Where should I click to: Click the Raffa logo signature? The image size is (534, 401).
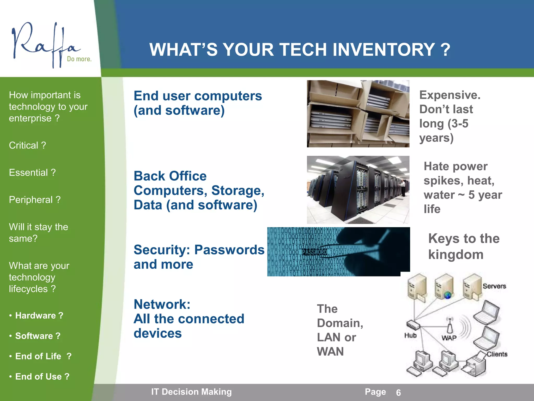[44, 44]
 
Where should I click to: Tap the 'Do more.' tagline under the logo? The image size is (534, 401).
[79, 59]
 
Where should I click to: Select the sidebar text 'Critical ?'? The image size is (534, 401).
[27, 145]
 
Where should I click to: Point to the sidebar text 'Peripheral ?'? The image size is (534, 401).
[35, 200]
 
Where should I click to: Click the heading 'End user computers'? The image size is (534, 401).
[198, 96]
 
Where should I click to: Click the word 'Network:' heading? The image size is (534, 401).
[162, 304]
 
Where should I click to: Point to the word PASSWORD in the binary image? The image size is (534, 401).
[314, 252]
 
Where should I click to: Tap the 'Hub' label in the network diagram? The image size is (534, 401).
[410, 335]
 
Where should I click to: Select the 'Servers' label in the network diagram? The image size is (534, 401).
[494, 286]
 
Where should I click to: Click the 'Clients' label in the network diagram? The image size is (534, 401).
[497, 354]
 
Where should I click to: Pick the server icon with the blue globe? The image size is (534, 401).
[445, 287]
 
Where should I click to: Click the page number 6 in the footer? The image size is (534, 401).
[398, 393]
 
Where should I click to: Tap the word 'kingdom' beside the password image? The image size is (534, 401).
[456, 255]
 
